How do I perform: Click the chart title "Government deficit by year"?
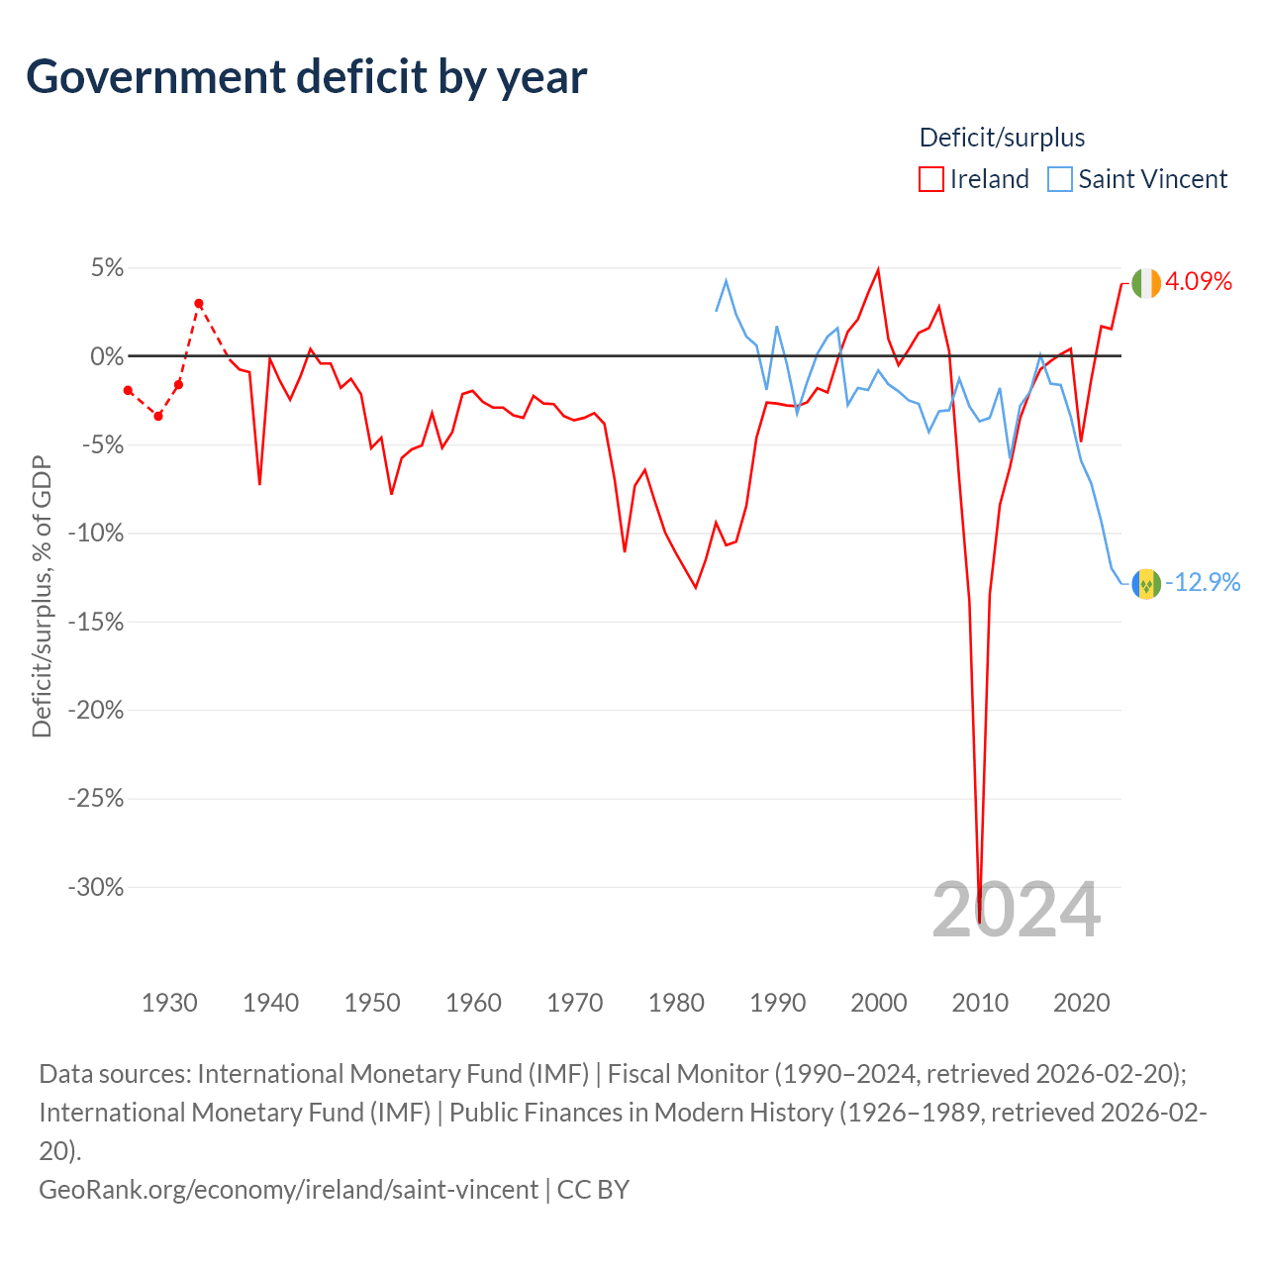click(x=307, y=77)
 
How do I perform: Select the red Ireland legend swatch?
click(x=930, y=179)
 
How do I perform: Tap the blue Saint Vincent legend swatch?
click(x=1060, y=179)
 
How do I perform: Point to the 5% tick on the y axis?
click(x=107, y=268)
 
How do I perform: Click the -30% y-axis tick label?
click(x=96, y=887)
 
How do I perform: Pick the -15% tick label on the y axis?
click(x=96, y=622)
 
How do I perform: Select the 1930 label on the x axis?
click(x=169, y=1003)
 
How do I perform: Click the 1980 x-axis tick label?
click(x=676, y=1003)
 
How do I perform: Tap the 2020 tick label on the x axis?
click(x=1081, y=1003)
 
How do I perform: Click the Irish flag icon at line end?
click(x=1146, y=283)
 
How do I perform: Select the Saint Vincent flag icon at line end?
click(x=1146, y=583)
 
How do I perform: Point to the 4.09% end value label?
click(x=1199, y=282)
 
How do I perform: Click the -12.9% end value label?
click(x=1203, y=582)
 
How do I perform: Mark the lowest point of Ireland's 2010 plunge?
click(x=979, y=922)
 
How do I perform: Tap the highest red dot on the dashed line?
click(x=199, y=304)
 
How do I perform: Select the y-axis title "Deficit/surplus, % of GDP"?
click(x=42, y=596)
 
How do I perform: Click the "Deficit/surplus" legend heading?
click(x=1002, y=138)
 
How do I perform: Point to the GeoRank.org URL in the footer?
click(x=288, y=1189)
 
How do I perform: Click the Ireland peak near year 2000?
click(x=878, y=270)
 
